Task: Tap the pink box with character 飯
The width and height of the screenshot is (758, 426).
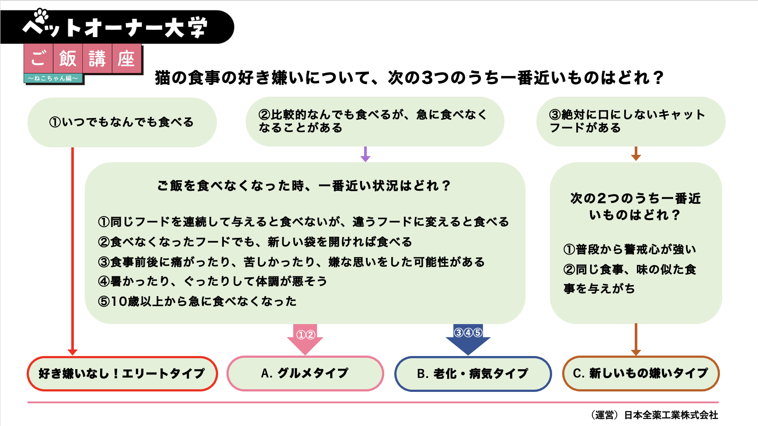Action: coord(68,58)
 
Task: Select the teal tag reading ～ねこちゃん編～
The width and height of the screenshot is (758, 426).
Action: coord(53,78)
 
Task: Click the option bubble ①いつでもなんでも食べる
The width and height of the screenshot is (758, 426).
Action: coord(122,122)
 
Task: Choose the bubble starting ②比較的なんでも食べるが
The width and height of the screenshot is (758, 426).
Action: coord(374,121)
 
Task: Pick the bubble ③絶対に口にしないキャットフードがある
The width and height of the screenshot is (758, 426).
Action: coord(630,121)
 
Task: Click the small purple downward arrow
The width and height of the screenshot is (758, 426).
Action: coord(365,154)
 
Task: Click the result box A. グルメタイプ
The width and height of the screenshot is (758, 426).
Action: coord(305,373)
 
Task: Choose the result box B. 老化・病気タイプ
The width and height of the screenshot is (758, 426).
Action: coord(473,374)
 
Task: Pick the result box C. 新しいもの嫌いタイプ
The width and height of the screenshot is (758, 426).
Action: coord(640,373)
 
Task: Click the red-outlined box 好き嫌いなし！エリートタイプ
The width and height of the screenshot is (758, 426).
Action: coord(122,374)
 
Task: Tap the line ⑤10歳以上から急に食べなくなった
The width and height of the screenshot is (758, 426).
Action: coord(198,301)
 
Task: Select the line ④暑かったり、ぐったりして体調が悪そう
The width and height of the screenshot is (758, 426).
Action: coord(212,281)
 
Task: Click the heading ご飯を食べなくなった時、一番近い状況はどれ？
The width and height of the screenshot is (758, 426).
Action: coord(304,186)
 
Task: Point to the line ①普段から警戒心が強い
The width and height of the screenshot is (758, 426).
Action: coord(629,249)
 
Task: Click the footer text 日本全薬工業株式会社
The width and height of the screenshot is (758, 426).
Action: coord(671,415)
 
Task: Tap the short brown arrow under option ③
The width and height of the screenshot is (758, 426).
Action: coord(636,154)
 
